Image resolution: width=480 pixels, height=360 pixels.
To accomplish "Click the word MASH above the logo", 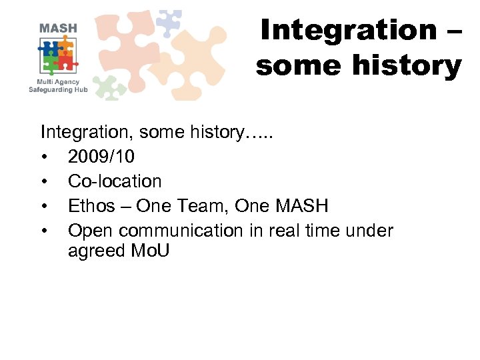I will (58, 29).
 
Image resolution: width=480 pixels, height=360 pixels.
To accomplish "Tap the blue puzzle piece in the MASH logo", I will (50, 47).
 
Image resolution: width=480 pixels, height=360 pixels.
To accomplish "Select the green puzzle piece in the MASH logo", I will (50, 63).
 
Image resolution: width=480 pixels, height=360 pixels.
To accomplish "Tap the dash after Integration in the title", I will (451, 31).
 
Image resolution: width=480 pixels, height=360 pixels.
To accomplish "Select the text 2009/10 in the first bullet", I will (101, 157).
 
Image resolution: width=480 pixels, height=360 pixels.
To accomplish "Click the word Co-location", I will (115, 181).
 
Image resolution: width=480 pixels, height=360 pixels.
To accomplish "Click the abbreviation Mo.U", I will (152, 251).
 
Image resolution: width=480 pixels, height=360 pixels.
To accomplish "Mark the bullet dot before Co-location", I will (44, 181).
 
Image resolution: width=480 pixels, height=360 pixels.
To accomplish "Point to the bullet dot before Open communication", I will (44, 231).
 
